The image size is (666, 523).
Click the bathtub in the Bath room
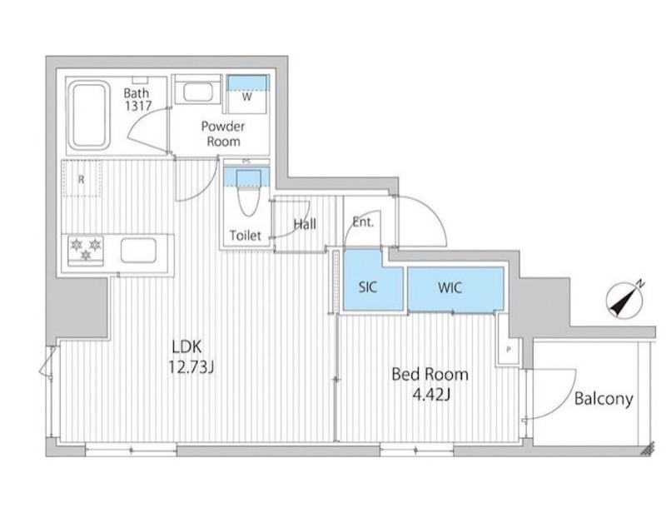coord(89,115)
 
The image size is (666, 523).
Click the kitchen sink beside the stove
coord(138,250)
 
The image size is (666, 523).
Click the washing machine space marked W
coord(246,94)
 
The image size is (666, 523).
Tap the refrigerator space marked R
coord(82,178)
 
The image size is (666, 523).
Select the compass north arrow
coord(625,299)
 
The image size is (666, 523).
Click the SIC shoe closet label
coord(367,287)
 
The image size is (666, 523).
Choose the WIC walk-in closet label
coord(450,287)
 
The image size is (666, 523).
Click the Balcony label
coord(604,399)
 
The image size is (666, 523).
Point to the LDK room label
coord(186,347)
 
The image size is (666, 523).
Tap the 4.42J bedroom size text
coord(431,396)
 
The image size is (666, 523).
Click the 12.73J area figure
coord(191,367)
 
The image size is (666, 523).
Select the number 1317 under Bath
coord(138,106)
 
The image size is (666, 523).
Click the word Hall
coord(305,224)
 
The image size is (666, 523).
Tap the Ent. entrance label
coord(363,222)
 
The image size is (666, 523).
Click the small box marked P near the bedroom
coord(509,350)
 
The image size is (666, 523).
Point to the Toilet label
coord(245,235)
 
